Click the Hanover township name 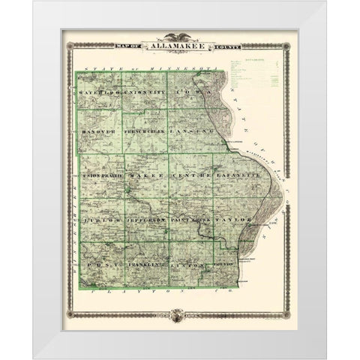(x=100, y=131)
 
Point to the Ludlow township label (x=100, y=222)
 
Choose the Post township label (x=100, y=264)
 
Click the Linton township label (x=190, y=264)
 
